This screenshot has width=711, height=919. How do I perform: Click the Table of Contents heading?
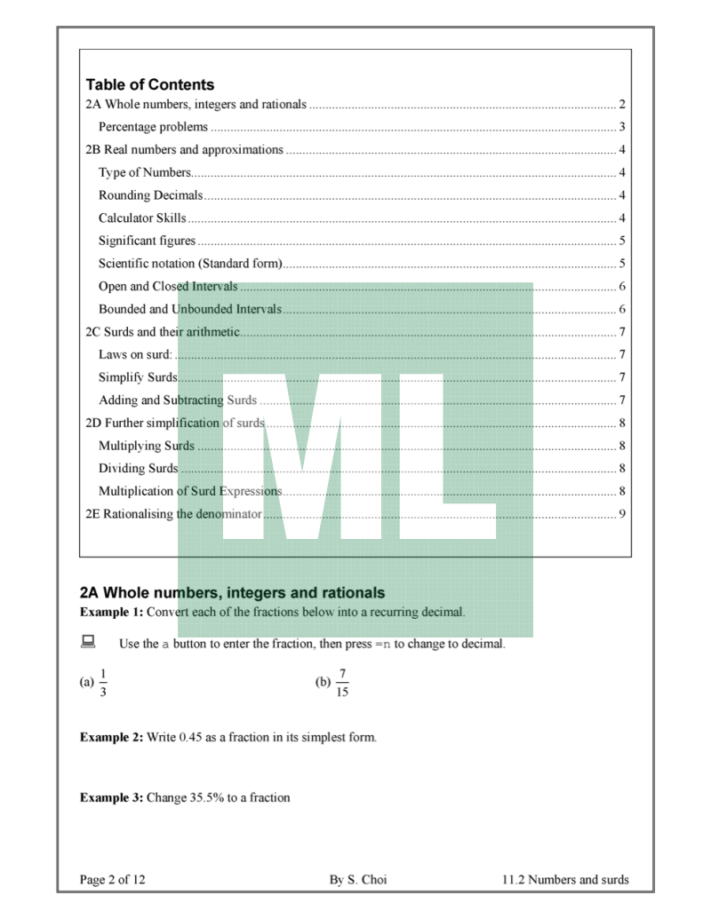(x=150, y=85)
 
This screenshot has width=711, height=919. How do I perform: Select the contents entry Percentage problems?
(x=153, y=127)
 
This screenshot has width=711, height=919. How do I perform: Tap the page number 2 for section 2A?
(x=624, y=105)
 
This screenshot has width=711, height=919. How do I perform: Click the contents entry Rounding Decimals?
(x=150, y=195)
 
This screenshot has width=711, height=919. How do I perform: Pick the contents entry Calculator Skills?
(x=142, y=218)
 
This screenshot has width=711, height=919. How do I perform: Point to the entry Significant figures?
(x=147, y=241)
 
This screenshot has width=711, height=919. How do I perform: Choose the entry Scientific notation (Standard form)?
(x=190, y=264)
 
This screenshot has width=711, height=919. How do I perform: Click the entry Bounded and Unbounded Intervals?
(x=189, y=309)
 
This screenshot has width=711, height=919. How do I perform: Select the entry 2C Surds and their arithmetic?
(x=162, y=332)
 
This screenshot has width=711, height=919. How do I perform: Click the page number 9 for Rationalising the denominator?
(x=624, y=514)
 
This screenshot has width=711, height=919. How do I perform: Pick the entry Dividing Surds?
(x=138, y=468)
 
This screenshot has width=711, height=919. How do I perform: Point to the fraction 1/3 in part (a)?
(x=102, y=683)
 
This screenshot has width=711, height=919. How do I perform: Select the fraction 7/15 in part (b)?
(x=342, y=683)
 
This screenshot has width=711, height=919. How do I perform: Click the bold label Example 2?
(x=111, y=737)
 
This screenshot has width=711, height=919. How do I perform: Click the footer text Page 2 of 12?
(x=113, y=880)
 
